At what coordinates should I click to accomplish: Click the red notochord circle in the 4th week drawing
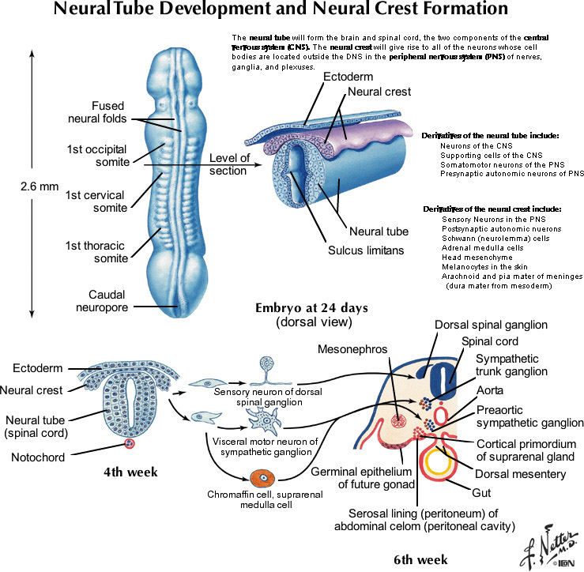point(130,444)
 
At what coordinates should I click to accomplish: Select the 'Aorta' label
point(491,391)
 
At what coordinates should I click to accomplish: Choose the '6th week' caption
point(420,560)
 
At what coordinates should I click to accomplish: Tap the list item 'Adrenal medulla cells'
point(481,247)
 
